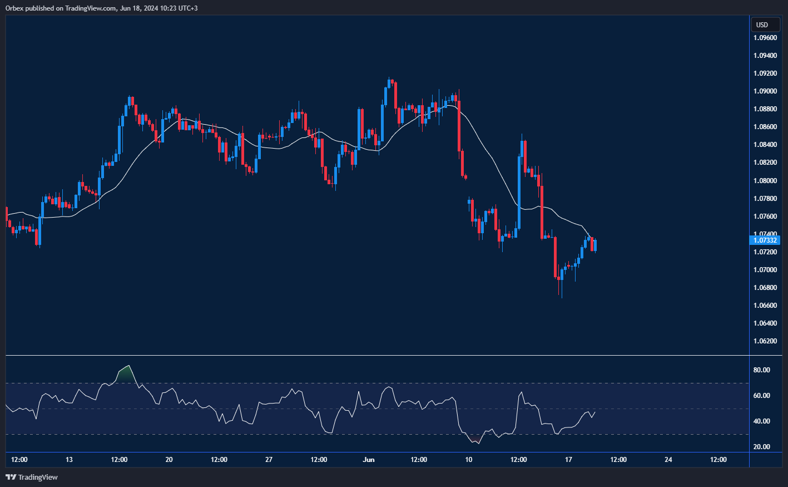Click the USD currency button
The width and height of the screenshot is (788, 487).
tap(762, 24)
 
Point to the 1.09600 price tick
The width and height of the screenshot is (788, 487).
tap(765, 38)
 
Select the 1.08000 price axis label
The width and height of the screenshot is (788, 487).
tap(765, 180)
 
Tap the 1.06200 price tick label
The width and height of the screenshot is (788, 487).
tap(765, 341)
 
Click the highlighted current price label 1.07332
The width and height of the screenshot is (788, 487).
tap(765, 240)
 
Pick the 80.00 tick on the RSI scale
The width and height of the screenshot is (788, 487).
tap(761, 370)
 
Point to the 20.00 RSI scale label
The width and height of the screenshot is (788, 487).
tap(761, 447)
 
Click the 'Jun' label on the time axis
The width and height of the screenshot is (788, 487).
tap(368, 460)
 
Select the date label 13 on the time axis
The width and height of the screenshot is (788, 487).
tap(69, 460)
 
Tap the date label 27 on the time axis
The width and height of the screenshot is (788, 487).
tap(269, 460)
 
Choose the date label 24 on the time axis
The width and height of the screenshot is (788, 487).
tap(668, 460)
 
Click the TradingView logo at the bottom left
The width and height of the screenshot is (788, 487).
tap(32, 477)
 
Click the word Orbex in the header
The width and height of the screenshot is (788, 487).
tap(14, 8)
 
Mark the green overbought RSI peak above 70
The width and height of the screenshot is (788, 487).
tap(126, 373)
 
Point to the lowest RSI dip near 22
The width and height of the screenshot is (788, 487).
tap(478, 442)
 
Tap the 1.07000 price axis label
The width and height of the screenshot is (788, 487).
tap(765, 269)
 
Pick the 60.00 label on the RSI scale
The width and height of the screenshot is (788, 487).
tap(761, 396)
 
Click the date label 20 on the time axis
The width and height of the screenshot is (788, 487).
tap(169, 460)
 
